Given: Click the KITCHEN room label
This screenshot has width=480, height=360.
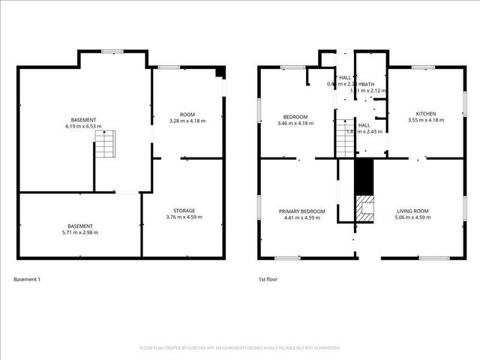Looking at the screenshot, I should click(x=422, y=113).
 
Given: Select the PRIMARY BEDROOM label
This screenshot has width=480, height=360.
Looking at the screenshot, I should click(x=302, y=211).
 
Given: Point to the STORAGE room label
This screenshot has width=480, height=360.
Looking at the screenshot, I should click(x=184, y=211).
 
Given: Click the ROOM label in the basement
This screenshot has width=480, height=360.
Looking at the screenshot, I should click(x=187, y=113).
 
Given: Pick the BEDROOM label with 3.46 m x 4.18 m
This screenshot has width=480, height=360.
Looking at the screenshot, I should click(x=295, y=117).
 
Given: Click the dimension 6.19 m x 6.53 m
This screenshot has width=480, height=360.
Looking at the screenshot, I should click(x=84, y=127).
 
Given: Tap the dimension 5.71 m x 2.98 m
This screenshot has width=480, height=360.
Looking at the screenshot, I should click(x=80, y=232).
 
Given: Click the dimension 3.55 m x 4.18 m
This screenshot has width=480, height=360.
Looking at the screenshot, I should click(x=422, y=120).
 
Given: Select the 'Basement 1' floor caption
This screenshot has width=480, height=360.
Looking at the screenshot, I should click(x=27, y=280).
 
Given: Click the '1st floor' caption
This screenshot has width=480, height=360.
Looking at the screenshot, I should click(x=268, y=280).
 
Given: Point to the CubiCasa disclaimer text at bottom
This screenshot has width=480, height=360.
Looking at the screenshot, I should click(x=240, y=348).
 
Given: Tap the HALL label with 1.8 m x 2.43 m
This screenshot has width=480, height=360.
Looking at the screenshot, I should click(x=364, y=125).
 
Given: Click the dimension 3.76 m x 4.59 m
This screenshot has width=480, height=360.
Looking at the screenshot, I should click(x=184, y=217).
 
